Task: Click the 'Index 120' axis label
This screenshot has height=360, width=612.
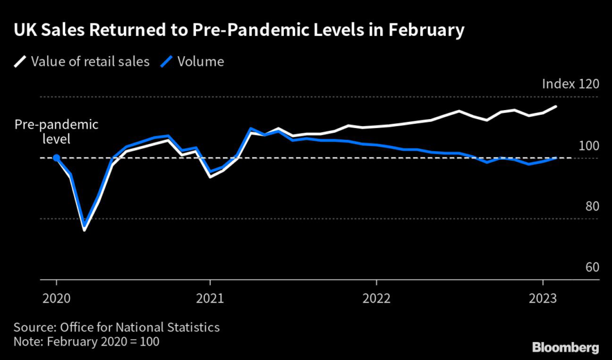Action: click(x=570, y=84)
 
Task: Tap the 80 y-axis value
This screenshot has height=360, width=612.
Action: click(x=592, y=206)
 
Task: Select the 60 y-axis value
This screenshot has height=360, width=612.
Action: click(x=592, y=267)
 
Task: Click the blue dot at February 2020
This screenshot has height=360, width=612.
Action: click(x=56, y=158)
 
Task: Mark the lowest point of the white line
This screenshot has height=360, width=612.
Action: click(x=84, y=230)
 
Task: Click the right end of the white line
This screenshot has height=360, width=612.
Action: click(x=556, y=106)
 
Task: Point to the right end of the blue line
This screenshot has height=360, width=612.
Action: click(x=556, y=158)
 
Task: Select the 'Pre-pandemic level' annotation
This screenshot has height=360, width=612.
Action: click(x=56, y=132)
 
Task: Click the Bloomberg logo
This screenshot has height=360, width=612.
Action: click(x=565, y=347)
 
